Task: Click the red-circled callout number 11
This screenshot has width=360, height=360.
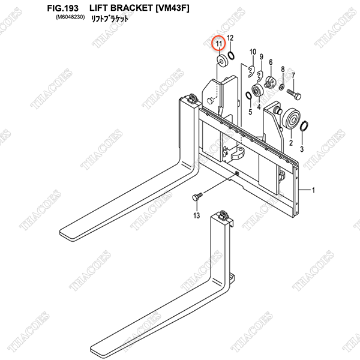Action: [219, 44]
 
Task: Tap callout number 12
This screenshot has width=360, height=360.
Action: [230, 38]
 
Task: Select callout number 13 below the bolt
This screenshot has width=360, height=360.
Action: [197, 215]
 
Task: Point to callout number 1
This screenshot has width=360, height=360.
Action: [313, 190]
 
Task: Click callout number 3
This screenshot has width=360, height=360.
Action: [302, 149]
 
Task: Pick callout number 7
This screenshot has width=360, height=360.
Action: [293, 76]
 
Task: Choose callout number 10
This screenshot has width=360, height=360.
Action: [253, 52]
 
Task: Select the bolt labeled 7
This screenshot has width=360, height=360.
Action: [294, 94]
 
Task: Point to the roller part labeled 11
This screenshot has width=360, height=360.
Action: [222, 61]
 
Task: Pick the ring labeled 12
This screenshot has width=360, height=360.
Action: [231, 55]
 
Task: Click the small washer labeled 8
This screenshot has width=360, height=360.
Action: [282, 87]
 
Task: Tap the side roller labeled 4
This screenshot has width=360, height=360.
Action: [257, 91]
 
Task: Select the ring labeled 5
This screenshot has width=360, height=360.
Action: [248, 95]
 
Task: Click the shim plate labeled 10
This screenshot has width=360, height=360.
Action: [251, 71]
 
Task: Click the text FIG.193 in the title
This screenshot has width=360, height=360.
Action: [62, 8]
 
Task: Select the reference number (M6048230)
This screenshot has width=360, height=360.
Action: [70, 17]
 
